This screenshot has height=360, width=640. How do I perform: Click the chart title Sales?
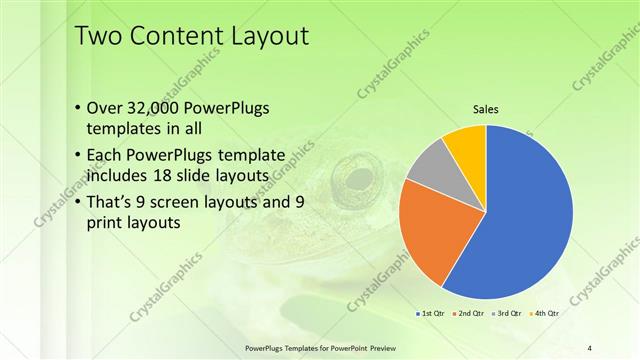coord(485,110)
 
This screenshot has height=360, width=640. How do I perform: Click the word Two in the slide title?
coord(100,37)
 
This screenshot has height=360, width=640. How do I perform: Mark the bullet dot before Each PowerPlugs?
coord(79,155)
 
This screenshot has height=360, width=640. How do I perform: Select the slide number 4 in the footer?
coord(590,347)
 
